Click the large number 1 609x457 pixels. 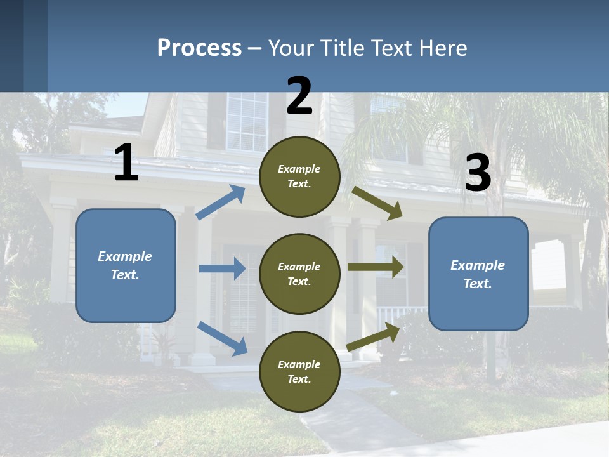coord(126,163)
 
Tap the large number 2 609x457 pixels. coord(299,96)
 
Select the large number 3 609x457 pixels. coord(478,173)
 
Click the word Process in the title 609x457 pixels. coord(199,48)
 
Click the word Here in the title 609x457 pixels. coord(443,48)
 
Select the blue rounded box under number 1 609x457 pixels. coord(126,265)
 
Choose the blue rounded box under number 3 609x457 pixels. coord(478,274)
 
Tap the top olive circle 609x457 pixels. coord(299,176)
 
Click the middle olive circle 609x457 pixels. coord(299,274)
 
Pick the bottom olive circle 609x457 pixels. coord(299,371)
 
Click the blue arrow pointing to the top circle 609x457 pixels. coord(221,202)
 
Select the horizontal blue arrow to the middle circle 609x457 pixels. coord(222,268)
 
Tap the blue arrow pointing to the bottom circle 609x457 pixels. coord(222,338)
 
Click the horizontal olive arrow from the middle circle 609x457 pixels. coord(376,267)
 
